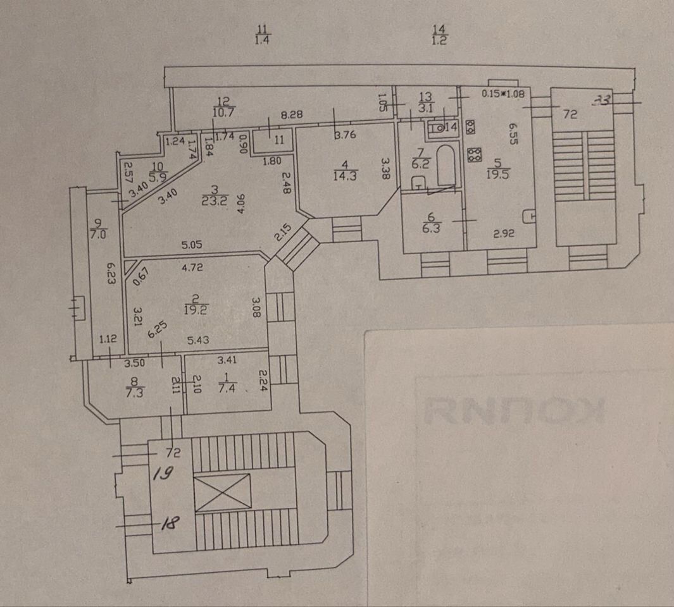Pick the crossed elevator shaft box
click(x=222, y=492)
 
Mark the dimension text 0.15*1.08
click(x=504, y=94)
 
